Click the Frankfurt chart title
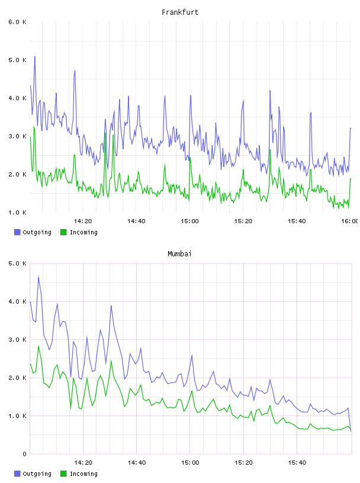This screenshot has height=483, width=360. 180,12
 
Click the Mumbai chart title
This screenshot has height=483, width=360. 179,254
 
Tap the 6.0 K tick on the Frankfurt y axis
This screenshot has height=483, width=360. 17,22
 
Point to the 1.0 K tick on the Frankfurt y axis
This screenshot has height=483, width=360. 17,212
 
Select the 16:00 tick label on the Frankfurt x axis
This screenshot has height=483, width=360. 350,221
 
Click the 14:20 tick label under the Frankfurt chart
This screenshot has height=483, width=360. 83,221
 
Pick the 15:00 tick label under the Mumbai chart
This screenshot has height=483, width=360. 190,463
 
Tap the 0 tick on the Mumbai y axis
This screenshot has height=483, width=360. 25,454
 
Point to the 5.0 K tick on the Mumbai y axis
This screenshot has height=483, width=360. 17,263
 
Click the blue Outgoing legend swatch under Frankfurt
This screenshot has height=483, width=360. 17,232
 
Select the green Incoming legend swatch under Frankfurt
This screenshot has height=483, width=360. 63,232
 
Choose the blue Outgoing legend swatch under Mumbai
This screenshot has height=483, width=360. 17,474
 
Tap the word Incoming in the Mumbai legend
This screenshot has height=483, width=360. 83,474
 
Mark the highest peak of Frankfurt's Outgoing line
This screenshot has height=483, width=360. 35,57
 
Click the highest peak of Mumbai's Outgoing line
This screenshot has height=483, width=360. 38,276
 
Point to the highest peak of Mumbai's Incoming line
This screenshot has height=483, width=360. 38,346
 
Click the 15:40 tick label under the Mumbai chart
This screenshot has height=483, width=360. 297,463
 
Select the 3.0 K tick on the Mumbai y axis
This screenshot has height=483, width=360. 17,340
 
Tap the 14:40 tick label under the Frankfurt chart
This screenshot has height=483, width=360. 136,221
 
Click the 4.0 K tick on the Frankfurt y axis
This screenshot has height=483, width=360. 17,98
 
